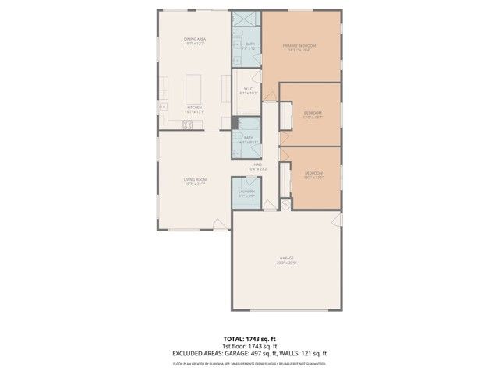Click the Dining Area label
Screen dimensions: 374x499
pos(194,39)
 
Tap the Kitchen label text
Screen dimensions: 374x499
pos(194,108)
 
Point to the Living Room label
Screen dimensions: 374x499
pos(194,180)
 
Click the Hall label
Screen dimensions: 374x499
pos(257,164)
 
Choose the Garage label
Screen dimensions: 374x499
pos(286,258)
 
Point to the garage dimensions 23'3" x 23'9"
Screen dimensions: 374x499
pos(286,263)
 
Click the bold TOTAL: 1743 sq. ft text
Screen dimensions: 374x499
pos(249,340)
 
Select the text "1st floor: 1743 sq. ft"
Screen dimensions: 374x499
pos(249,347)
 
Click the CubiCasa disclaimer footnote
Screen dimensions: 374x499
pos(249,362)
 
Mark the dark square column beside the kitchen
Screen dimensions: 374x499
pos(235,122)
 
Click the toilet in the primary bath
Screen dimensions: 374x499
pos(238,58)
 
